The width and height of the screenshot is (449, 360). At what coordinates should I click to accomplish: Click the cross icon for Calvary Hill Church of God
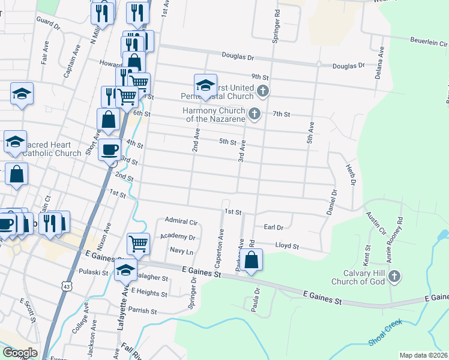point(394,276)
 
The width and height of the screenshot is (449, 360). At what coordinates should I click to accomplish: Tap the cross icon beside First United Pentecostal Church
point(262,91)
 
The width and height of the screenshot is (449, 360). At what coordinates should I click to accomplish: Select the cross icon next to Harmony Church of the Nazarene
point(255,113)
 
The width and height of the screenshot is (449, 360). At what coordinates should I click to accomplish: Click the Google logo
point(20,352)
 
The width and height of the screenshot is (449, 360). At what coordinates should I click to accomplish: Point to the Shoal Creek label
point(385,334)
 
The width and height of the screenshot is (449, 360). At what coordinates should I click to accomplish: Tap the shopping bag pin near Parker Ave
point(253,260)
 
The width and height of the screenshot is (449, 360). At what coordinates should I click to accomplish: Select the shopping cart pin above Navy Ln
point(138,244)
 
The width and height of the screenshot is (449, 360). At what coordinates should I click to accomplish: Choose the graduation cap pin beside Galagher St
point(125,271)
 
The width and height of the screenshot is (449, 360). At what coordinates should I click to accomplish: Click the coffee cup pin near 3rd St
point(109,150)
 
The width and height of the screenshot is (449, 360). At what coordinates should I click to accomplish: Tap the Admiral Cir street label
point(181,221)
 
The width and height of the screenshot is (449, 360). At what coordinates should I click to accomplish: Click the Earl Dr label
point(273,227)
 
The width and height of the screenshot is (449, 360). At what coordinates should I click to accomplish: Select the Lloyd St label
point(286,246)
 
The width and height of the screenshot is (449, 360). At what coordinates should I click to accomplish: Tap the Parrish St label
point(142,311)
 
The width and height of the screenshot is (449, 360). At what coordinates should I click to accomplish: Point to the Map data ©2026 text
point(424,355)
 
